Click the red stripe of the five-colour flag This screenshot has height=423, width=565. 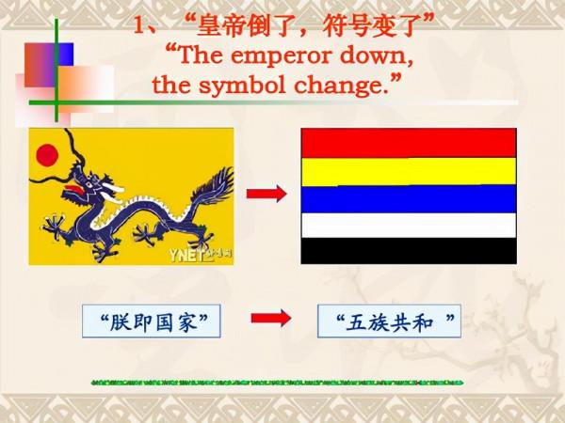coord(408,142)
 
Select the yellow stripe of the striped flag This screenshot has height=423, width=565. coord(408,170)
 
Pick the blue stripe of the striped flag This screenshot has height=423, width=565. coord(408,197)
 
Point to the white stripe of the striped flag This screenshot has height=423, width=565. coord(408,225)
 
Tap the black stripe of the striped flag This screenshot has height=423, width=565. coord(408,250)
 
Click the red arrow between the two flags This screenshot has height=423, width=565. coord(266,194)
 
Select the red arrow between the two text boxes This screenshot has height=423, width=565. coord(271,319)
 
